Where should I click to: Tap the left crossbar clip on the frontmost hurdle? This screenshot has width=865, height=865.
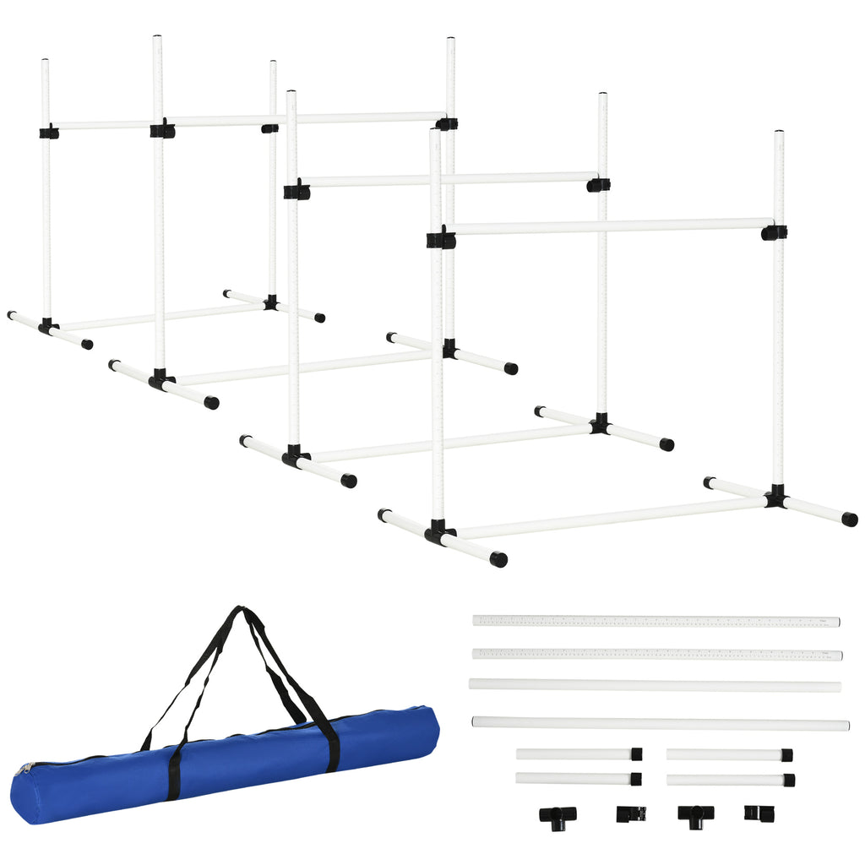(x=441, y=239)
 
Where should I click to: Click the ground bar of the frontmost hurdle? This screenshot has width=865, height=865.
(x=608, y=518)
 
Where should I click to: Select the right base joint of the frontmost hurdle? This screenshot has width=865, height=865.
(x=775, y=498)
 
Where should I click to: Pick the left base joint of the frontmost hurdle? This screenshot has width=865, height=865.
(x=438, y=532)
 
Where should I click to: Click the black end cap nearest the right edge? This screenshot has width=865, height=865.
(x=849, y=520)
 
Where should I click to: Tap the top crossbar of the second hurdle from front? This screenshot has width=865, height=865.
(x=448, y=179)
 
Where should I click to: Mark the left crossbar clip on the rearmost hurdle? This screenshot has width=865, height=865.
(x=49, y=132)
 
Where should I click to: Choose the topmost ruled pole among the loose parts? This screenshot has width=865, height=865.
(x=656, y=621)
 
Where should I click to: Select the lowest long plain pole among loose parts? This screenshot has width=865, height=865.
(x=659, y=723)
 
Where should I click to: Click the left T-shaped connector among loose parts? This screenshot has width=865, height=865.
(x=558, y=815)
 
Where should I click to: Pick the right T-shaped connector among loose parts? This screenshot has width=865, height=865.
(x=695, y=815)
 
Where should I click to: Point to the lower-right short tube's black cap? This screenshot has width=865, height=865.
(x=788, y=780)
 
